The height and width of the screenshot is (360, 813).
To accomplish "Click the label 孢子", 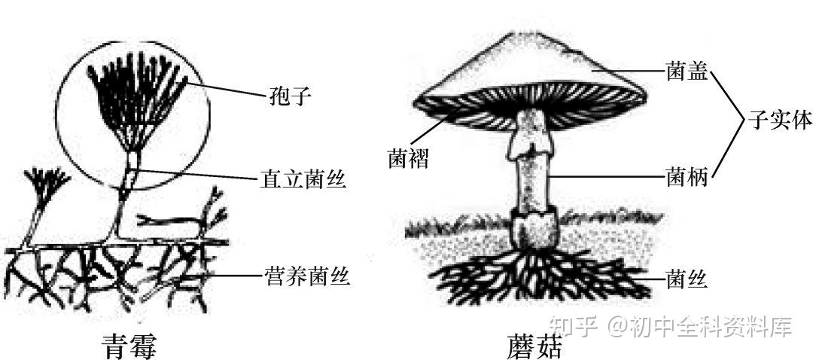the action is coord(290,96).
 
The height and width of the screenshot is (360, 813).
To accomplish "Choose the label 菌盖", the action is coord(687,73).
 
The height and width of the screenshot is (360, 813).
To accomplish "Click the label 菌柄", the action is coord(687,178).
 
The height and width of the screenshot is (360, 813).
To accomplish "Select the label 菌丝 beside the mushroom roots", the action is coord(687,280).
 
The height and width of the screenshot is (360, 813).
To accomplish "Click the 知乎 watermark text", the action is coord(573,327).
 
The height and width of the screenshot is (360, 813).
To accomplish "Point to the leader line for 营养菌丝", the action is coord(233,276).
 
